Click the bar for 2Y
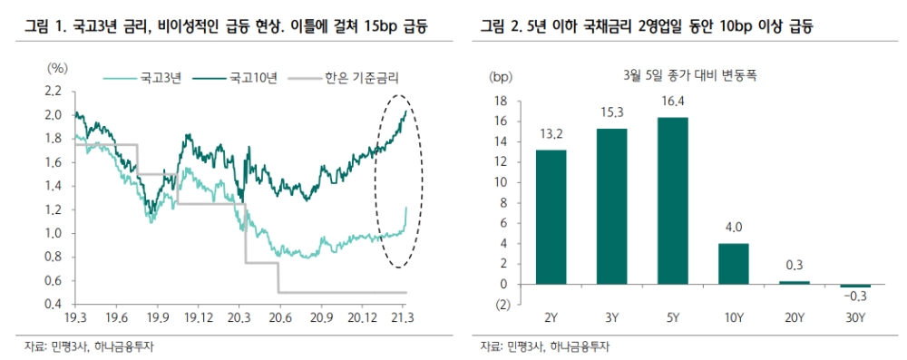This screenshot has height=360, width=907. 551,217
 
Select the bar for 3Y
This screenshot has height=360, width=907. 613,206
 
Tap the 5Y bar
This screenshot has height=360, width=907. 674,200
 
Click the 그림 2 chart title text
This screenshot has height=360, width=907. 647,28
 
